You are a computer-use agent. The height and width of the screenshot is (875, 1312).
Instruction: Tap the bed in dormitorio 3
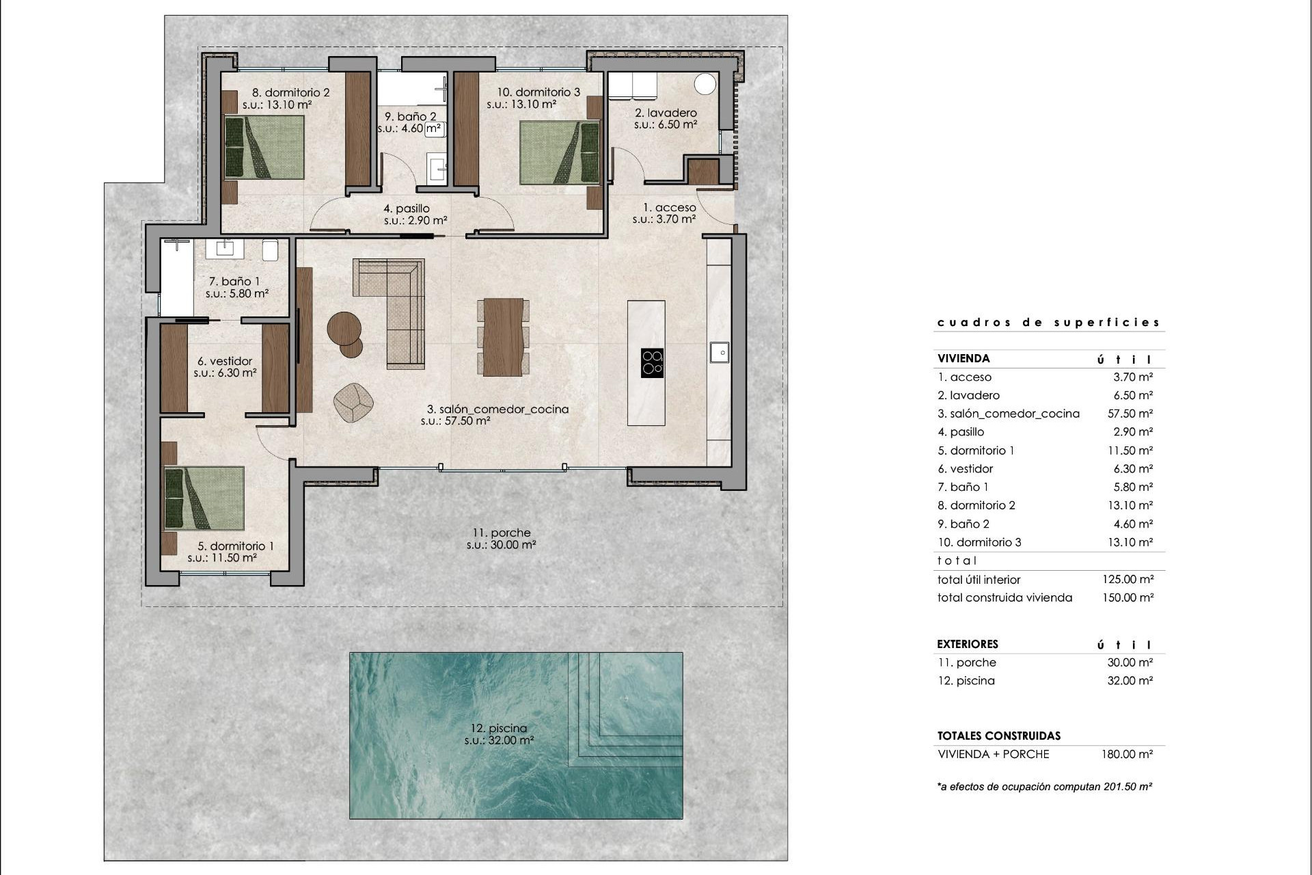point(559,152)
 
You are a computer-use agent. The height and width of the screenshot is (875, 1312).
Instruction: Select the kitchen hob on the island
point(652,363)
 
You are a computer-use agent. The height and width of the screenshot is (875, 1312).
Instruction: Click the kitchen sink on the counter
point(719,353)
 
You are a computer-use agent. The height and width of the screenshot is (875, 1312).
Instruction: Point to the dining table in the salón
point(503,337)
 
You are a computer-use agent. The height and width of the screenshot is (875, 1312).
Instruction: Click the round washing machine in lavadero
point(705,84)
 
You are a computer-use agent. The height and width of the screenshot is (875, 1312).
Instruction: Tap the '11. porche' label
point(501,533)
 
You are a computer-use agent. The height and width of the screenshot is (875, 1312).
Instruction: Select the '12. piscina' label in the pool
point(498,728)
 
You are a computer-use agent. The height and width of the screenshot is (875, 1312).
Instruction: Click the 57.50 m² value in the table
point(1130,414)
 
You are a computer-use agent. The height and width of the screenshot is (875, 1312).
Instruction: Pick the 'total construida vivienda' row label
point(1004,597)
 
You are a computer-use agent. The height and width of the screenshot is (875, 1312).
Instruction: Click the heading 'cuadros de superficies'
point(1048,322)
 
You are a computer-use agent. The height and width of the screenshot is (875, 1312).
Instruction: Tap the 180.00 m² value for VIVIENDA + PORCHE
point(1127,754)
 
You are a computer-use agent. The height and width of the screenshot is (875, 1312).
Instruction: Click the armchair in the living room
point(353,402)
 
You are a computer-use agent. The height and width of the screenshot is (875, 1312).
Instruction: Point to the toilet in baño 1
point(270,250)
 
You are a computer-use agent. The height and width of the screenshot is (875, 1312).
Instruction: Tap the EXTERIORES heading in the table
point(968,644)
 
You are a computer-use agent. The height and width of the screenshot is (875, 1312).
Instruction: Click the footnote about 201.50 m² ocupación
point(1044,787)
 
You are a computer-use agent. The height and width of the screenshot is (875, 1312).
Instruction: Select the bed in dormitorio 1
point(204,498)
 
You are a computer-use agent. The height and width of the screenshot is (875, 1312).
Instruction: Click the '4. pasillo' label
point(406,208)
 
